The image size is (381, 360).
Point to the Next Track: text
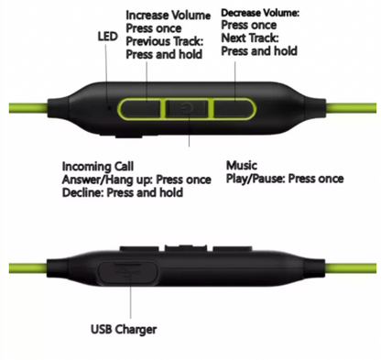click(x=250, y=38)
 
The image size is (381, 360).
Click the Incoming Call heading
click(x=98, y=167)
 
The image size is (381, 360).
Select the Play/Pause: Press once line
click(x=285, y=179)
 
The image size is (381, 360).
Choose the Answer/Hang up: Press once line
click(x=136, y=180)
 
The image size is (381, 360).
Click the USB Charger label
click(x=124, y=329)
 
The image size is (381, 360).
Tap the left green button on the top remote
click(x=141, y=108)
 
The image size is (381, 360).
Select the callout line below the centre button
click(x=189, y=135)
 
